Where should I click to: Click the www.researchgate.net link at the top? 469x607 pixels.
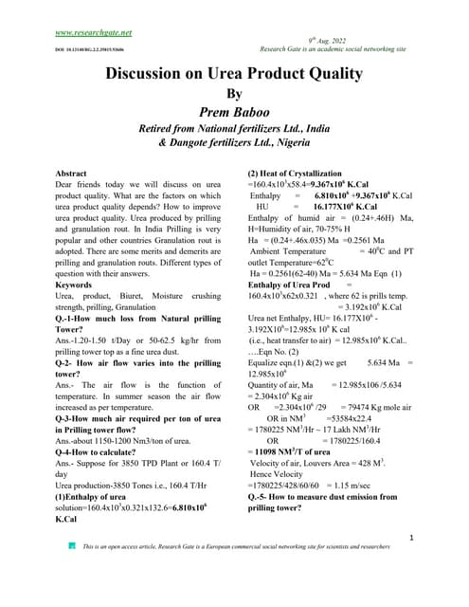(94, 32)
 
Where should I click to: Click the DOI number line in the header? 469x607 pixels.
(82, 48)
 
